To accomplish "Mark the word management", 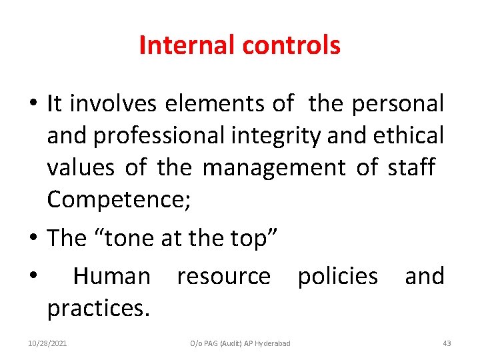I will pyautogui.click(x=273, y=167).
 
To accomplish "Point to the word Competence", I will pyautogui.click(x=117, y=199).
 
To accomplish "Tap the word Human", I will pyautogui.click(x=111, y=276).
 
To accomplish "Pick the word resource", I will pyautogui.click(x=223, y=276).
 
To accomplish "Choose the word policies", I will pyautogui.click(x=337, y=276).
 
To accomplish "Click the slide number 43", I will pyautogui.click(x=447, y=343).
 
